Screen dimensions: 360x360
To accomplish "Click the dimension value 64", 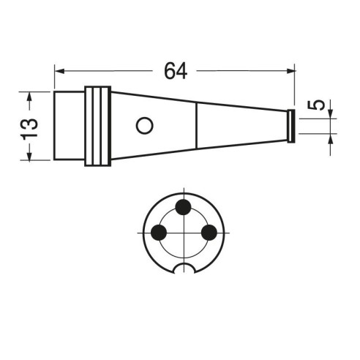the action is [x=176, y=71].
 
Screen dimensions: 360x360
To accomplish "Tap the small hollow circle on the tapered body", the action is [x=144, y=126].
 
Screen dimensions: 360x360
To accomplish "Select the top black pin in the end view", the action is [x=183, y=207].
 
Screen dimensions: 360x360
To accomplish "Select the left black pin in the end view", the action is [x=159, y=233].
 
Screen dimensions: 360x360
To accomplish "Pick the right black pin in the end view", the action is [x=209, y=233].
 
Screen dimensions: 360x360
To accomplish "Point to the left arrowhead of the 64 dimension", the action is [x=59, y=71].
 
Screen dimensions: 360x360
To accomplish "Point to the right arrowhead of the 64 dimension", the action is [x=290, y=71].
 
